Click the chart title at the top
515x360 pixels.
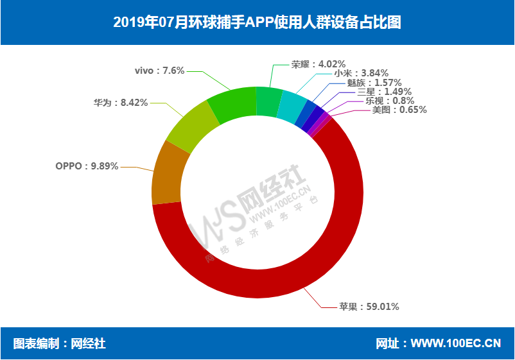(x=257, y=22)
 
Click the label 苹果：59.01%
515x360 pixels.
(x=369, y=307)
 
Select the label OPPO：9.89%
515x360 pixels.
(x=87, y=166)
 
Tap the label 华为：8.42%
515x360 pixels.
(x=121, y=102)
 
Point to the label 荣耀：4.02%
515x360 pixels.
(x=319, y=64)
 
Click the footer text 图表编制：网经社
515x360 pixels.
(x=60, y=344)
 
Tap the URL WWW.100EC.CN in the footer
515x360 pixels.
(x=456, y=344)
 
